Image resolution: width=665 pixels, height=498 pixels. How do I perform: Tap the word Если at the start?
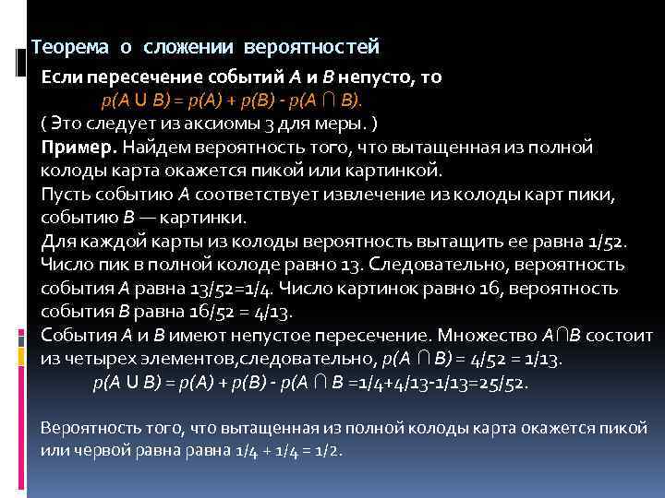tap(63, 77)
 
